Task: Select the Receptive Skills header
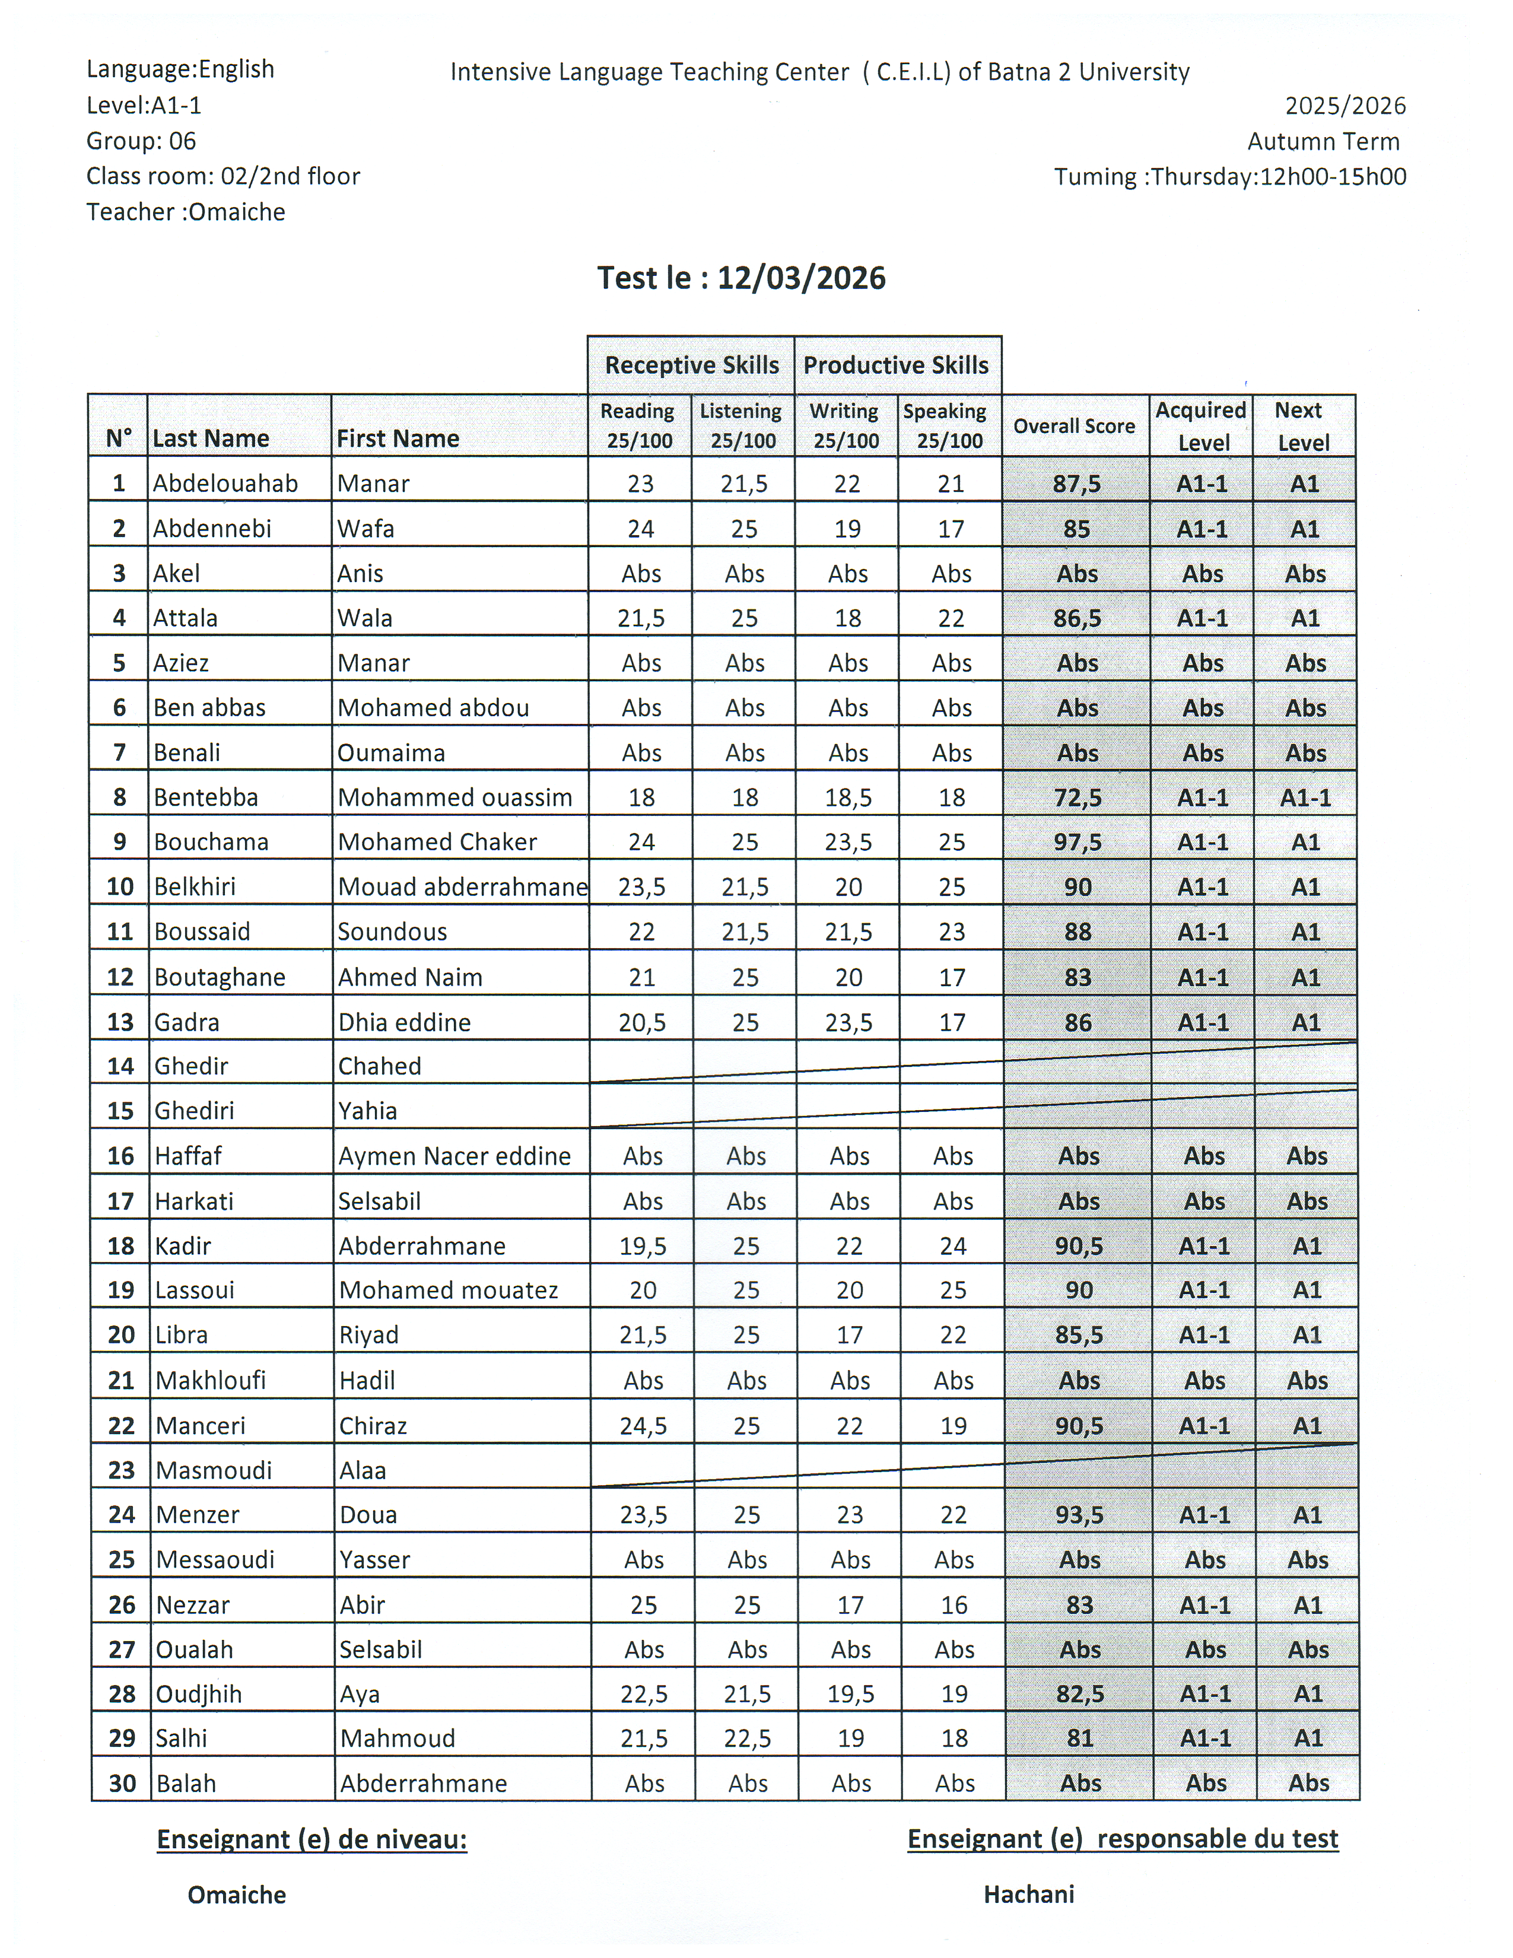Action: pyautogui.click(x=691, y=365)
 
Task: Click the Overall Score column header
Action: pyautogui.click(x=1074, y=426)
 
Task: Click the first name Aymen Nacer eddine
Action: pyautogui.click(x=454, y=1156)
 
